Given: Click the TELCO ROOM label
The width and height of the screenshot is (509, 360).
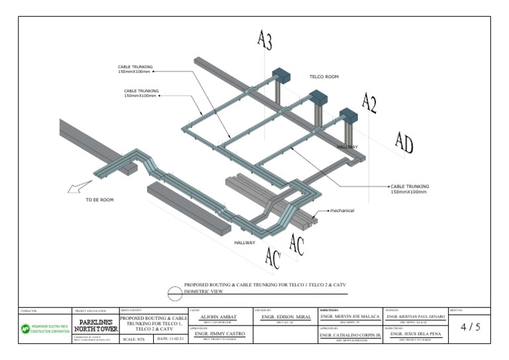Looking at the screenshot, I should pos(324,77).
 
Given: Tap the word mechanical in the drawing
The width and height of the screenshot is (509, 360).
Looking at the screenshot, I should pos(341,211).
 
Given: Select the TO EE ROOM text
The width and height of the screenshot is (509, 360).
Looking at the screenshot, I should pos(101,199).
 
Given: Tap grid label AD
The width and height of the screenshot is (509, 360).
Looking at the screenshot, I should pos(404,141).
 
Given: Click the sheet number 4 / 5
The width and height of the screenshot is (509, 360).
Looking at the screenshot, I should pos(470,327).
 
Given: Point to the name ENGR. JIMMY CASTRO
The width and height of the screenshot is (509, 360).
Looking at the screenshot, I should pos(220,334).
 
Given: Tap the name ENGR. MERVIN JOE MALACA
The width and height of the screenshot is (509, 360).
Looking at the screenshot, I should pos(350,318).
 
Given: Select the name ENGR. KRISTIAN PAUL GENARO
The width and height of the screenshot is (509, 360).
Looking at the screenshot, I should pos(415,318).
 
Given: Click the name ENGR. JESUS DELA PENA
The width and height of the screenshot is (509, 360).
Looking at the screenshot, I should pos(415,334).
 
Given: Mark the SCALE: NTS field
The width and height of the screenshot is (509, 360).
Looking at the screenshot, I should pos(136,339).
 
